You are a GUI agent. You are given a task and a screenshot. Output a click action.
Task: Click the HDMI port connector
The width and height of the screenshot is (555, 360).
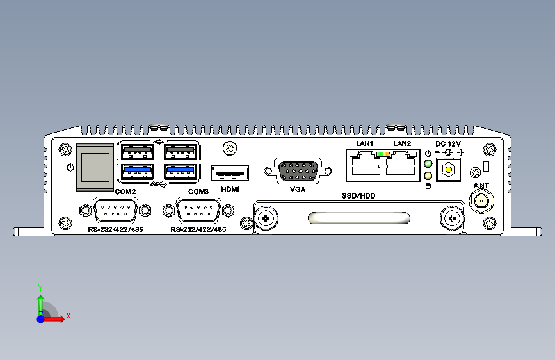(x=230, y=173)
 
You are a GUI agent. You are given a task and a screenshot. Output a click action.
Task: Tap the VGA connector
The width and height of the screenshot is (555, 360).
(x=298, y=172)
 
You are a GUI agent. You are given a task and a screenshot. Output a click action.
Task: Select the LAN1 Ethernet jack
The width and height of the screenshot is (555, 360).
(x=366, y=163)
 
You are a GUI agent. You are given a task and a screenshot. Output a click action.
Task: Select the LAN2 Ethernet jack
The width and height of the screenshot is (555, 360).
(x=400, y=163)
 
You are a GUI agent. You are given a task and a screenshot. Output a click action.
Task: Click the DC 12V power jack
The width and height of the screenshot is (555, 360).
(x=449, y=170)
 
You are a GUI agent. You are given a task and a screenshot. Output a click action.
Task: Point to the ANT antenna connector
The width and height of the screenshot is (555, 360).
(x=481, y=201)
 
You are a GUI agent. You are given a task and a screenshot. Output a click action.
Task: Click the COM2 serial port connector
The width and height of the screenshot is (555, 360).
(x=115, y=211)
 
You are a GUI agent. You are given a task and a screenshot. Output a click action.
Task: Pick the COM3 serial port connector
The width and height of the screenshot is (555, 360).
(x=198, y=211)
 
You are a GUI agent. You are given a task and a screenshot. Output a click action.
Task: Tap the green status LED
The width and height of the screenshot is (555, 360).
(x=428, y=164)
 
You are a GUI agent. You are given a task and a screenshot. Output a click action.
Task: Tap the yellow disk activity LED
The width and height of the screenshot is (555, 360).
(x=428, y=176)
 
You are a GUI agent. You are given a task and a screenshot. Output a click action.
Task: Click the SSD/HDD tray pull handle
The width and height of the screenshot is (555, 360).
(x=359, y=218)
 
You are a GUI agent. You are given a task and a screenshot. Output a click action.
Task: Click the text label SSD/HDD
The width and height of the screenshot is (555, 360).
(x=358, y=195)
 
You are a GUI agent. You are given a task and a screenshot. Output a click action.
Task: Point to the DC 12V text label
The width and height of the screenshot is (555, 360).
(x=448, y=143)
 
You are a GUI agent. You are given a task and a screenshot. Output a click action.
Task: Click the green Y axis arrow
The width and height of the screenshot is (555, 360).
(x=40, y=306)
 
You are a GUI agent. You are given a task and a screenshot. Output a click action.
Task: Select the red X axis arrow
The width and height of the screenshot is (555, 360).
(x=53, y=319)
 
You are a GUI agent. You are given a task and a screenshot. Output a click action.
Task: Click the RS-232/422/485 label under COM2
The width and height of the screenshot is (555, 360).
(x=115, y=229)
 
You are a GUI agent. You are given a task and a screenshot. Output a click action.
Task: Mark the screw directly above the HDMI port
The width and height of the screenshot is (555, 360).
(x=230, y=149)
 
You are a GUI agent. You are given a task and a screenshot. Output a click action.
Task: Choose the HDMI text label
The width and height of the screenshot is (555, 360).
(x=230, y=190)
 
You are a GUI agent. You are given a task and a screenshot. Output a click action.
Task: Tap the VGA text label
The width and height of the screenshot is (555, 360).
(x=298, y=190)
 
